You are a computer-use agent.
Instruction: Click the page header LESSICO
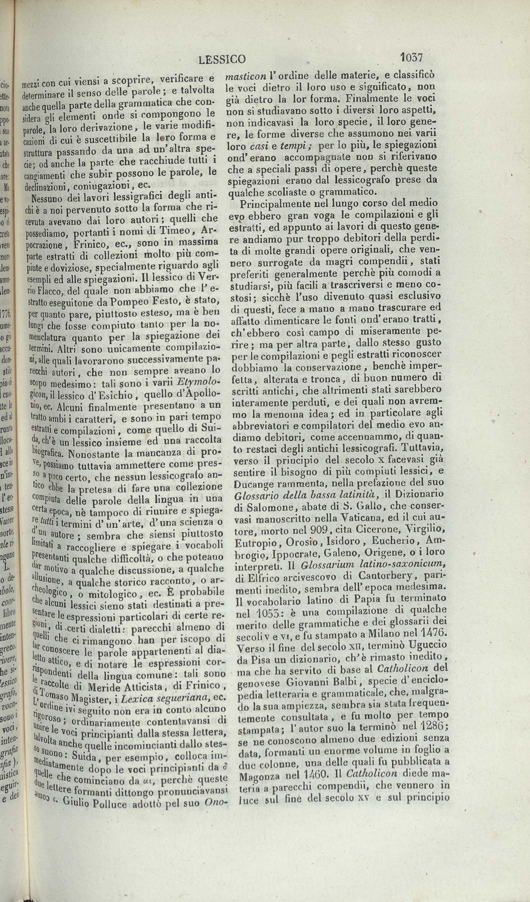(222, 59)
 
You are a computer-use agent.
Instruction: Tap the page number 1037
(411, 57)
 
